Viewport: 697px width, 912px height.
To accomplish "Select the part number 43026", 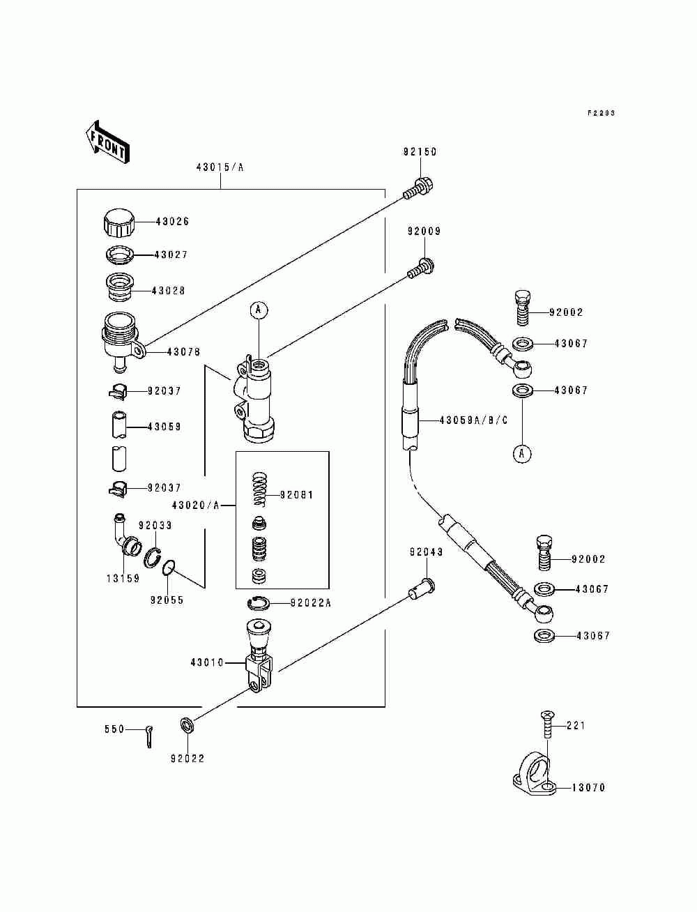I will click(x=171, y=222).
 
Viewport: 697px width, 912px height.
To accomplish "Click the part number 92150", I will click(x=420, y=152).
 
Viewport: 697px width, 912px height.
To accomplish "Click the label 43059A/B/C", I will click(x=473, y=420).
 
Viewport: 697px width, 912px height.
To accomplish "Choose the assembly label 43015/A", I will click(x=220, y=167).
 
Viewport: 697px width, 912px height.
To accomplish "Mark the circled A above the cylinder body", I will click(x=258, y=309).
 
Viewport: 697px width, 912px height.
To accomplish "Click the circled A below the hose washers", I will click(x=521, y=454).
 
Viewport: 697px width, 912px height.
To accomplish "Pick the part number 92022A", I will click(x=310, y=603).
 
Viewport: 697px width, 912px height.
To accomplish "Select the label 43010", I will click(x=207, y=662).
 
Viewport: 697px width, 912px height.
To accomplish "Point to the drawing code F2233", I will click(x=601, y=113).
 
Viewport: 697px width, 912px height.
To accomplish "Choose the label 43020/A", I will click(x=195, y=505).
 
